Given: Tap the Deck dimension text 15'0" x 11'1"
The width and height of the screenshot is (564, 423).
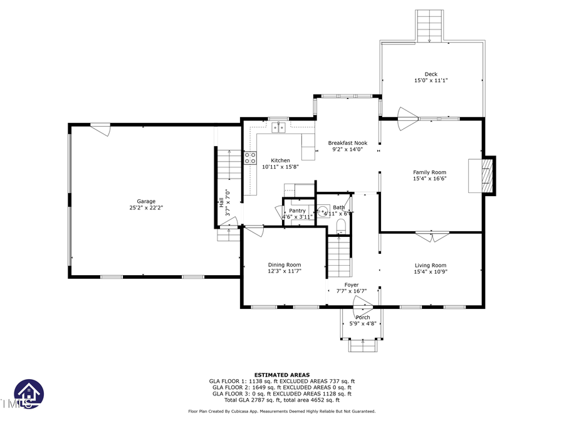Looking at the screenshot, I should point(431,81).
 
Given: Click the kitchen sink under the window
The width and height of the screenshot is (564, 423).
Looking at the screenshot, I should point(279,128).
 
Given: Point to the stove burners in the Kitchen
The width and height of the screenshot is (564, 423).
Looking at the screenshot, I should point(250,157).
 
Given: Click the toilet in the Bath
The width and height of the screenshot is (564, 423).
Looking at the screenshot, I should point(342,225).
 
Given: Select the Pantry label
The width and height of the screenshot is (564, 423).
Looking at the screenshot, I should point(298,211).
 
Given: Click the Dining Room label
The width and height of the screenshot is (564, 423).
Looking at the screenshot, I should point(285,264).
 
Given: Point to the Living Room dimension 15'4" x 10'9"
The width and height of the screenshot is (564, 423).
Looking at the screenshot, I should point(430,272).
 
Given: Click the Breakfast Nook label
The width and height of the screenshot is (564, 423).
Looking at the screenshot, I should point(347,143).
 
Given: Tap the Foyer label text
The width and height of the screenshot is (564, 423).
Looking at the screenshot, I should point(352,285).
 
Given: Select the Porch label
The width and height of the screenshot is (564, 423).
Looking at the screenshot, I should point(362,318).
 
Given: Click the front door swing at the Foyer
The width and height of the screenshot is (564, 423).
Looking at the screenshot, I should point(362,302).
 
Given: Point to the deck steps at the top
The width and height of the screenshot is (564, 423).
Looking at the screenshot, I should point(431,25).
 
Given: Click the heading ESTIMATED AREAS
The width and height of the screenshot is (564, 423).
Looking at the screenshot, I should point(281,375).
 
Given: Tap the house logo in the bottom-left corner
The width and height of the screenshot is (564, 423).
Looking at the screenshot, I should point(29,394).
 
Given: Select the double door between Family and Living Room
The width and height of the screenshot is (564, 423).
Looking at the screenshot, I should point(432,236).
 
